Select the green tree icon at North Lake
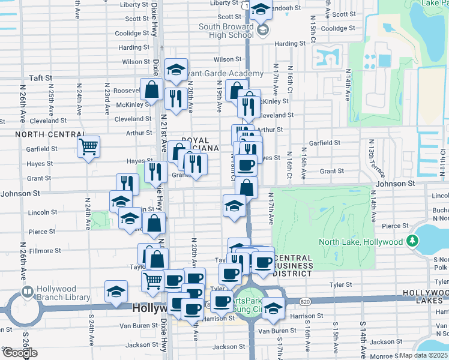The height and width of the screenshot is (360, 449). (411, 241)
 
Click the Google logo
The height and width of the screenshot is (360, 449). (20, 353)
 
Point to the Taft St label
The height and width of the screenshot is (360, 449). (40, 78)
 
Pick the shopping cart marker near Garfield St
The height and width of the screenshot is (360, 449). (89, 146)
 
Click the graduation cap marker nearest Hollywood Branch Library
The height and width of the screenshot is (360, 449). (116, 292)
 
